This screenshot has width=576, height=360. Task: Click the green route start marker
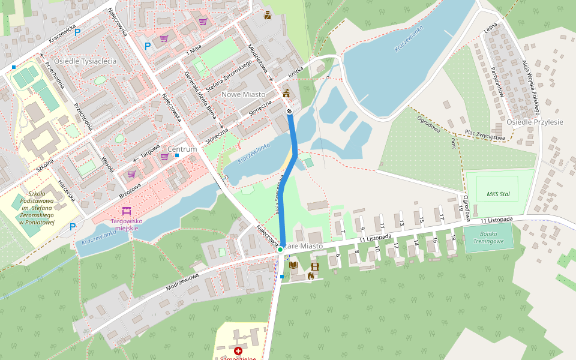point(280,249)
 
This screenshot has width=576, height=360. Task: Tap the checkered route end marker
point(289,110)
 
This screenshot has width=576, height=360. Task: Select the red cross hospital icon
point(238,350)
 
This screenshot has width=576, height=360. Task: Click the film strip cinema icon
point(315,266)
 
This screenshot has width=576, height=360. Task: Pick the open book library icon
point(293,265)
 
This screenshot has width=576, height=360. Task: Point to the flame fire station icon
point(310,276)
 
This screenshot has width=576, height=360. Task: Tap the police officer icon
point(268,16)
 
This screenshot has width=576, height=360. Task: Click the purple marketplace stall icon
point(126,211)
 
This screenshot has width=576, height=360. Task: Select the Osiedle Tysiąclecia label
point(85,61)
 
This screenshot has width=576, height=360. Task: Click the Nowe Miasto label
point(244,94)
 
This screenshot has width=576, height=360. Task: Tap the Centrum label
point(182,149)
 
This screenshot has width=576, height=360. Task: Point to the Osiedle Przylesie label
point(535,122)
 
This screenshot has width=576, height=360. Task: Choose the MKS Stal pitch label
point(498,194)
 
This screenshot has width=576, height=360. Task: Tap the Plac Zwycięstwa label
point(485,134)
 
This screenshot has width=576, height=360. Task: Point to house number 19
point(461,208)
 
